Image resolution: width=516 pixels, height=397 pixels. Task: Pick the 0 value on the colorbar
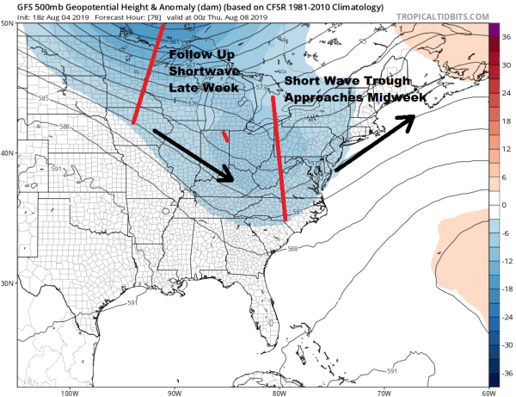(506, 205)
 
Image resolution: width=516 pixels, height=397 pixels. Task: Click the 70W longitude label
(382, 392)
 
